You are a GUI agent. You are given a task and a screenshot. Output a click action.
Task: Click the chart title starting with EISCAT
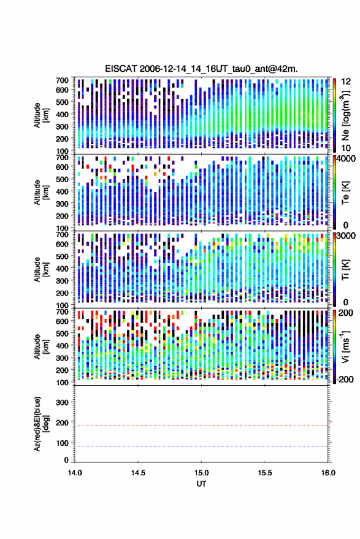(x=201, y=69)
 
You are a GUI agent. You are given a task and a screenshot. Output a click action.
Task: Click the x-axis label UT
(x=201, y=484)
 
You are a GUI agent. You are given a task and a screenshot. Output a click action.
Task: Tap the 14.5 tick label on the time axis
(x=138, y=473)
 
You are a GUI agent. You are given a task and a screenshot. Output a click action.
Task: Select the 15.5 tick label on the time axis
(x=264, y=473)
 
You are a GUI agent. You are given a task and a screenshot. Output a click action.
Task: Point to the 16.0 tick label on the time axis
(x=328, y=473)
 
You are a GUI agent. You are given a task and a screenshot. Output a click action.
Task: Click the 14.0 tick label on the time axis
(x=75, y=473)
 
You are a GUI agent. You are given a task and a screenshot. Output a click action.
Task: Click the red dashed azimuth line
(x=201, y=426)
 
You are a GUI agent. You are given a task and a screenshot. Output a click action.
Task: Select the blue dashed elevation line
(x=201, y=446)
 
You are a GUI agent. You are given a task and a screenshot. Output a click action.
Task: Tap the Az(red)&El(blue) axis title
(x=41, y=424)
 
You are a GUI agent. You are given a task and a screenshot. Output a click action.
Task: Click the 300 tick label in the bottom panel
(x=62, y=402)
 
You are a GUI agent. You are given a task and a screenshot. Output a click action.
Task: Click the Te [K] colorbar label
(x=345, y=193)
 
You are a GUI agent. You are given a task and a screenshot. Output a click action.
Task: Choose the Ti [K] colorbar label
(x=345, y=270)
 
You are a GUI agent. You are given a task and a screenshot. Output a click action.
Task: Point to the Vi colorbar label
(x=345, y=346)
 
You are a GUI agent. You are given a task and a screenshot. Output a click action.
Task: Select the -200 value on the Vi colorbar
(x=345, y=379)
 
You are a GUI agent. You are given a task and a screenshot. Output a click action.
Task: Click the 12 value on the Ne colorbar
(x=347, y=82)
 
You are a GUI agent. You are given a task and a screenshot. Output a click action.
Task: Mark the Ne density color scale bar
(x=334, y=115)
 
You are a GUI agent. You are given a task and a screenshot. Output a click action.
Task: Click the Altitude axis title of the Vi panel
(x=41, y=346)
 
